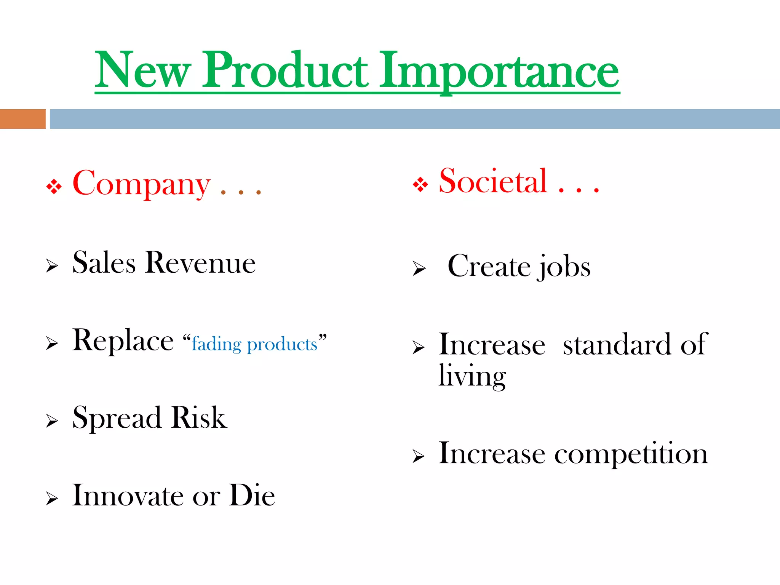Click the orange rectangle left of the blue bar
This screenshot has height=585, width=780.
click(22, 119)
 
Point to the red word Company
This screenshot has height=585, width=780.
click(141, 184)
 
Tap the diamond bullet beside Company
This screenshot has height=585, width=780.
click(54, 187)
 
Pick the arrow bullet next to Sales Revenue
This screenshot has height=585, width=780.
click(52, 265)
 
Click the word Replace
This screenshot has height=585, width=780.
click(123, 340)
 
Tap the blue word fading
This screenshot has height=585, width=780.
click(216, 344)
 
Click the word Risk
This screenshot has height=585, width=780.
click(199, 417)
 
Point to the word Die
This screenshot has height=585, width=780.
click(252, 495)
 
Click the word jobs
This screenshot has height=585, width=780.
click(563, 267)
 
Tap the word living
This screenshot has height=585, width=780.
click(472, 376)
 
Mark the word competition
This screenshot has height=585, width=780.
click(631, 454)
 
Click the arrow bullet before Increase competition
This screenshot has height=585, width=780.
click(419, 456)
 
